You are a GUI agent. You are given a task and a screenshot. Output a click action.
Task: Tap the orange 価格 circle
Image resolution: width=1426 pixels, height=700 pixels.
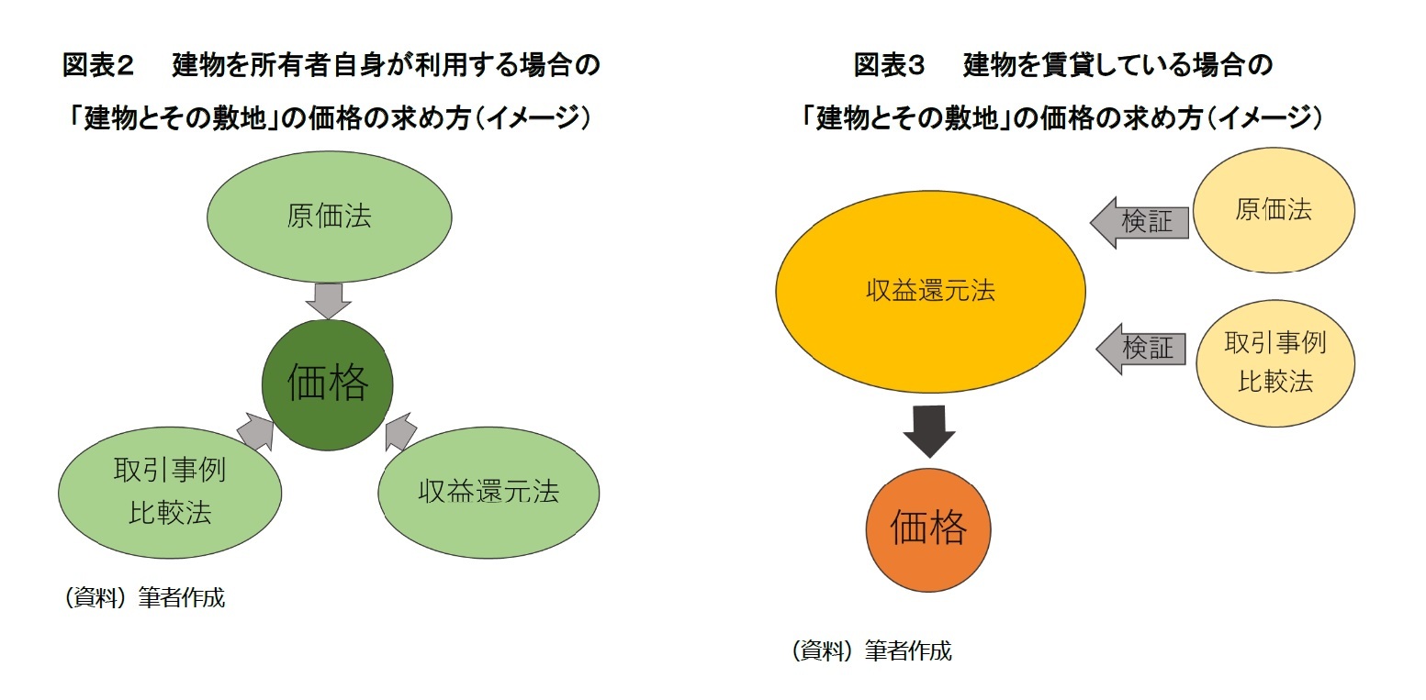(928, 529)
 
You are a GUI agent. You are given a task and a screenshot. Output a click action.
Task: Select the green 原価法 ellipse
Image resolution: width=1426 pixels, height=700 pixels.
(329, 217)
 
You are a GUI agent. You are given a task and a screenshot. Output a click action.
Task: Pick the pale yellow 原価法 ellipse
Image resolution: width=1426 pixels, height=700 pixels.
(1274, 210)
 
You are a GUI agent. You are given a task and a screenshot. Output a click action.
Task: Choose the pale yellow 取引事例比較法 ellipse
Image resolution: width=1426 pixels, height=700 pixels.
(1275, 363)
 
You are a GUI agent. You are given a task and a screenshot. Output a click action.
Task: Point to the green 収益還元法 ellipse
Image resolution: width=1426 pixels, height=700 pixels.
(488, 492)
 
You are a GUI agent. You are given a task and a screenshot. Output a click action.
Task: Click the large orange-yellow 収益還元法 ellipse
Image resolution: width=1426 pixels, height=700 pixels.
(930, 291)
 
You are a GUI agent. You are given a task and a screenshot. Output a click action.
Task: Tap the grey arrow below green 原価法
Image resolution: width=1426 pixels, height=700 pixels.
(328, 299)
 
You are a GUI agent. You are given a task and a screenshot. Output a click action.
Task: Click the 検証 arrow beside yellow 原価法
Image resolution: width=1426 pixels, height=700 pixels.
(1140, 222)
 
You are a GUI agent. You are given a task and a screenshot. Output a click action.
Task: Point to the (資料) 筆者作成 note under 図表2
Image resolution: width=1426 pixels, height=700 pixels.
(144, 598)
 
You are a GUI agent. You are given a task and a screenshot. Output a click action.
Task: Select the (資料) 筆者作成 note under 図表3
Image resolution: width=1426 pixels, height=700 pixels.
(871, 651)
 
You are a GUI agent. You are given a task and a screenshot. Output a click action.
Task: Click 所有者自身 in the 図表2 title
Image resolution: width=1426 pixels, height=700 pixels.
(330, 65)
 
